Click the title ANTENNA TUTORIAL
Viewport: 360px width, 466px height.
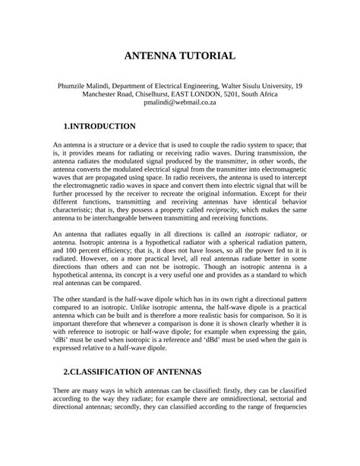[180, 56]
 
